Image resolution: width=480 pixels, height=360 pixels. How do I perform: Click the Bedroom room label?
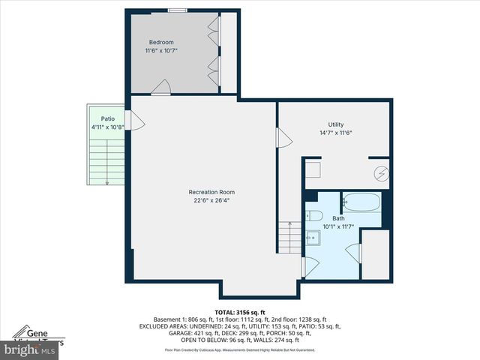click(161, 42)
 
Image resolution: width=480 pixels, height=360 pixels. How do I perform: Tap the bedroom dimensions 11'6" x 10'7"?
click(161, 51)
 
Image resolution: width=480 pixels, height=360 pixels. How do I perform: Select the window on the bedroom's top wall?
click(177, 10)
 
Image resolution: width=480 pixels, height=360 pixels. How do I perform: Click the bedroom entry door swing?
click(160, 89)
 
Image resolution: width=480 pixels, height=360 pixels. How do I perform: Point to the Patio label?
click(108, 118)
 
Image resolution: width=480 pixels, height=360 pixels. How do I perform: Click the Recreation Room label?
click(206, 192)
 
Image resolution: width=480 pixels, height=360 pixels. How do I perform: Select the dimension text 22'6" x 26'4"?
click(206, 201)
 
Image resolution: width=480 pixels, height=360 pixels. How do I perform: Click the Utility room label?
click(335, 124)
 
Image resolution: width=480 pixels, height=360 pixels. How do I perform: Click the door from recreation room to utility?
click(283, 138)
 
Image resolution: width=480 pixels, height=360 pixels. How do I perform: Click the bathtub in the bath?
click(361, 202)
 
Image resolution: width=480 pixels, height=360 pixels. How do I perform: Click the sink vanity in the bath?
click(313, 238)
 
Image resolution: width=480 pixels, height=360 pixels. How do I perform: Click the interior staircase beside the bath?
click(289, 238)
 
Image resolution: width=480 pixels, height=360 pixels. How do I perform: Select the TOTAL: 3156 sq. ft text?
click(240, 312)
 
